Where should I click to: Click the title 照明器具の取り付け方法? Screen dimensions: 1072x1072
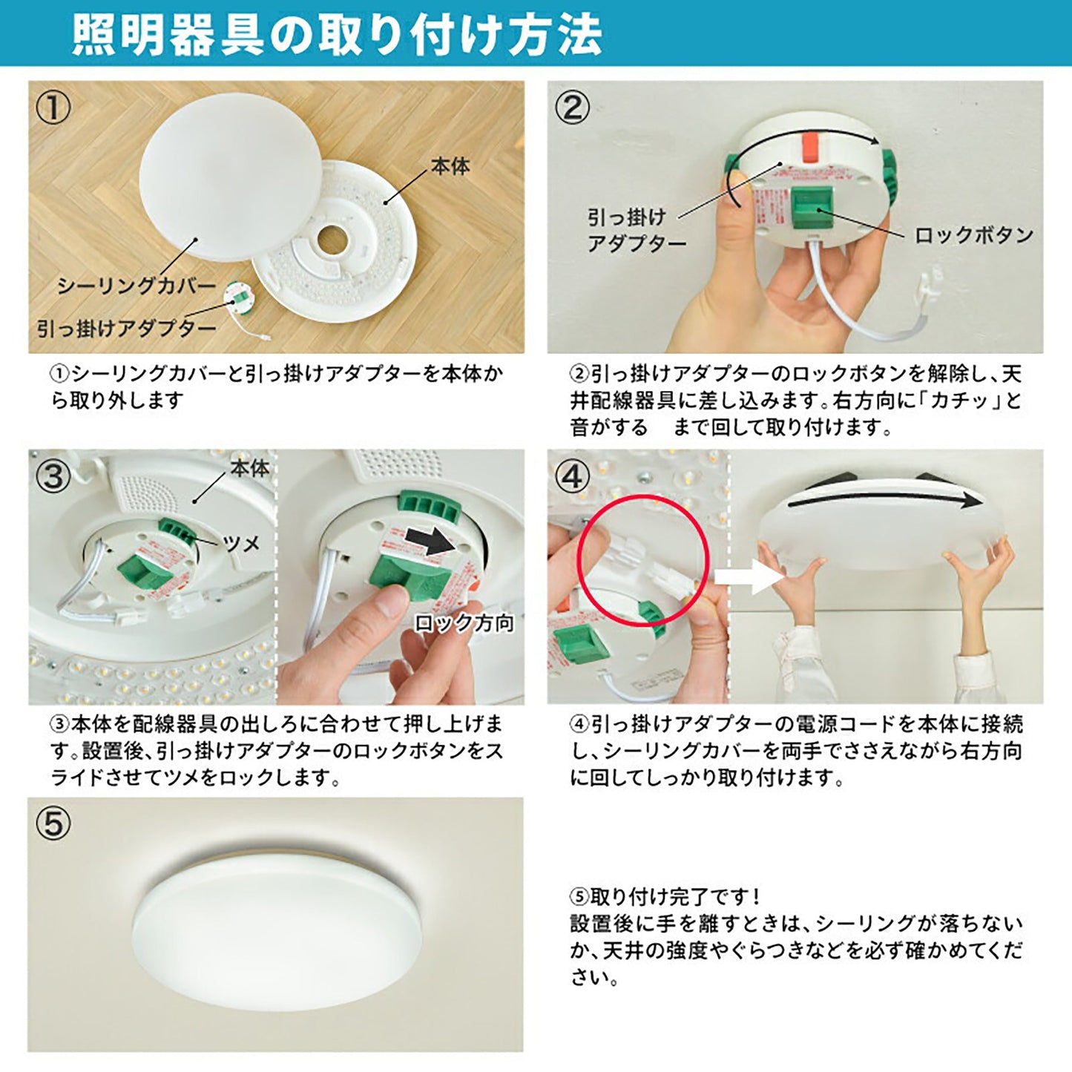337,33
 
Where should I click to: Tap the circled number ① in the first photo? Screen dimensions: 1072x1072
53,108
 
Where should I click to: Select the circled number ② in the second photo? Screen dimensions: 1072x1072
573,108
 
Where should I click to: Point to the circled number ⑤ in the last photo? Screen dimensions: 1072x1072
53,823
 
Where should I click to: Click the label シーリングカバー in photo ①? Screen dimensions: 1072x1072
137,286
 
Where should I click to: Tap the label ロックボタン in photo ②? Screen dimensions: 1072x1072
973,235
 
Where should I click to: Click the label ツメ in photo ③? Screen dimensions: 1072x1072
240,543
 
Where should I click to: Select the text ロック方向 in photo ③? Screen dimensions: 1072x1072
464,623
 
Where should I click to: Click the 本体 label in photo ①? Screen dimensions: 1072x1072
450,166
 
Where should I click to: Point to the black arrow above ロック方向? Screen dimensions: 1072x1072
433,542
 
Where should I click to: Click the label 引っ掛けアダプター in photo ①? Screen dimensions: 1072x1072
126,328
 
